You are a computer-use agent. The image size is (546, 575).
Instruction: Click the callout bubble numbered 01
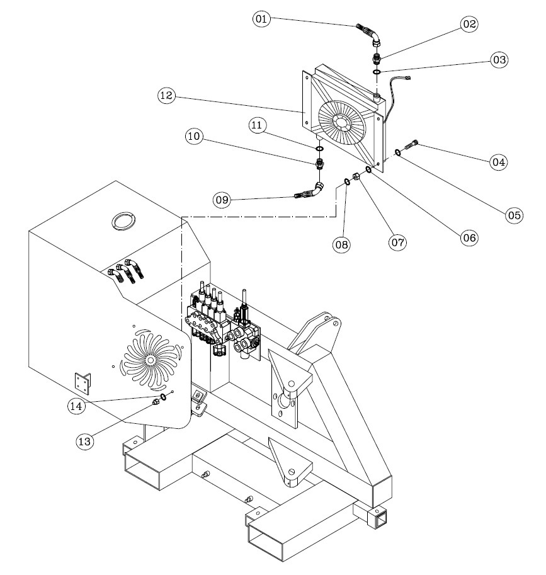pyautogui.click(x=261, y=19)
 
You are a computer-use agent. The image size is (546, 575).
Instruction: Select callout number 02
pyautogui.click(x=469, y=24)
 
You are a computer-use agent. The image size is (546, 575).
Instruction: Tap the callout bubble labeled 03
pyautogui.click(x=499, y=60)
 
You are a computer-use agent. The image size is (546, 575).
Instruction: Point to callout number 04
pyautogui.click(x=499, y=162)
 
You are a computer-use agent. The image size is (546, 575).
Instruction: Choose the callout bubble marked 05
pyautogui.click(x=514, y=215)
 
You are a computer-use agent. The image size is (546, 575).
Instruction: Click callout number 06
pyautogui.click(x=469, y=238)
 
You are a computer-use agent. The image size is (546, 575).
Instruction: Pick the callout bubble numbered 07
pyautogui.click(x=397, y=242)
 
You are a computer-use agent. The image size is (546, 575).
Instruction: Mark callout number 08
pyautogui.click(x=342, y=244)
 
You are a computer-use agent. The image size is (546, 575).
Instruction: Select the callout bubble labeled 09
pyautogui.click(x=222, y=200)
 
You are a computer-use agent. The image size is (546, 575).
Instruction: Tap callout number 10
pyautogui.click(x=194, y=136)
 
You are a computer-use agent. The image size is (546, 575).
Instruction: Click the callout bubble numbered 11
pyautogui.click(x=257, y=125)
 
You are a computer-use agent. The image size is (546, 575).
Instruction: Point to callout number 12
pyautogui.click(x=166, y=96)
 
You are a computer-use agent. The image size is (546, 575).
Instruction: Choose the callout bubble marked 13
pyautogui.click(x=85, y=441)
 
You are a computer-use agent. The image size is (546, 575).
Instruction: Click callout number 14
pyautogui.click(x=76, y=406)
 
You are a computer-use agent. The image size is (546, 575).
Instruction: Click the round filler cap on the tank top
pyautogui.click(x=123, y=221)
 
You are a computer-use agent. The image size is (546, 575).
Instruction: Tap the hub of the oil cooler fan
pyautogui.click(x=342, y=122)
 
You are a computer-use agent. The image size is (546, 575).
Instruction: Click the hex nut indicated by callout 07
pyautogui.click(x=356, y=177)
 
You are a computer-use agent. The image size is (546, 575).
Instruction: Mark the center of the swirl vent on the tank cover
pyautogui.click(x=150, y=360)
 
